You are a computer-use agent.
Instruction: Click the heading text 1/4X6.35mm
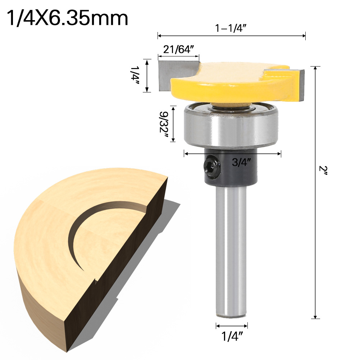pyautogui.click(x=67, y=18)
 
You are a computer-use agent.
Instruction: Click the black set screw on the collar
pyautogui.click(x=210, y=166)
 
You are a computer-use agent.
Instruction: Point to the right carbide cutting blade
pyautogui.click(x=299, y=85)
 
